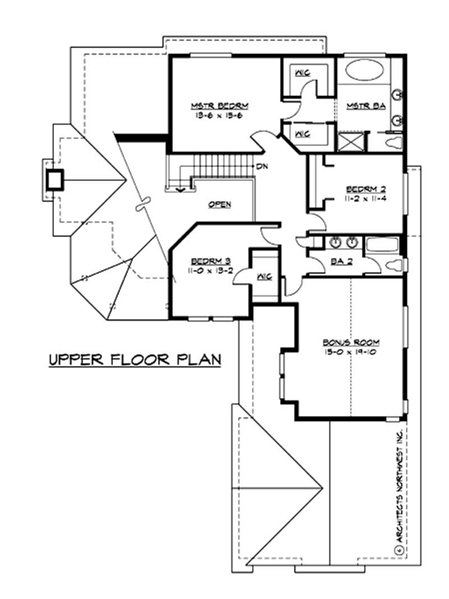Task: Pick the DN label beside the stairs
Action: (261, 167)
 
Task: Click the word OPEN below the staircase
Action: (219, 204)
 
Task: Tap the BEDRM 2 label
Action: (365, 188)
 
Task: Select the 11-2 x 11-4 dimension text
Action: (365, 198)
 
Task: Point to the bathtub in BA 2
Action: (382, 244)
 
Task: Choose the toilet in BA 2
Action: (394, 264)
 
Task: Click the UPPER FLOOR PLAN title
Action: (134, 360)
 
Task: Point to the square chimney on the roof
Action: (55, 180)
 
